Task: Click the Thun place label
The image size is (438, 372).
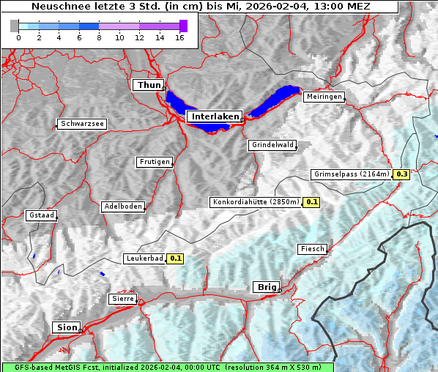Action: pos(148,86)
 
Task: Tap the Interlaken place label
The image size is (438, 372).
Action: pos(215,116)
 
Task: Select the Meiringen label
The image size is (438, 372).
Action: pos(323,97)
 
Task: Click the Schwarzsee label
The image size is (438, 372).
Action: pos(83,124)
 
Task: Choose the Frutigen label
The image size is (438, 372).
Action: pos(155,162)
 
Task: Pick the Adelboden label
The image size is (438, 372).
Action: pos(122,207)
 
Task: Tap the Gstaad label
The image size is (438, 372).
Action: pos(41,215)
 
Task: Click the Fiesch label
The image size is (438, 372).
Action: pos(312,249)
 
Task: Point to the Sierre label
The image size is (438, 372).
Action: pos(122,299)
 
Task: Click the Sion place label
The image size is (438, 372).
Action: pos(66,327)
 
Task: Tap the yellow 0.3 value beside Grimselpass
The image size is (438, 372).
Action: pos(401,174)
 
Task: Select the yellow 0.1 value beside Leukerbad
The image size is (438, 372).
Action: pos(176,258)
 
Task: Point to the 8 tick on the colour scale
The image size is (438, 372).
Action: pos(99,37)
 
